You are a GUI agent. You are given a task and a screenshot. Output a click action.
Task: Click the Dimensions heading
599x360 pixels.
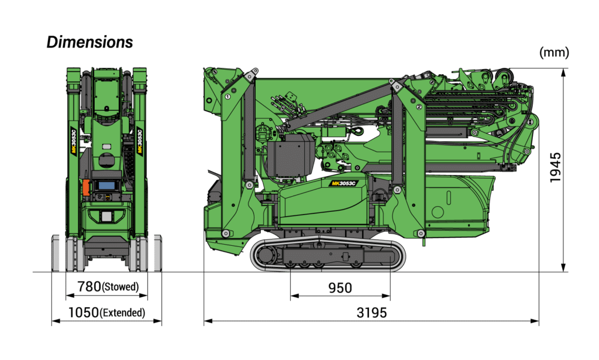[x=89, y=42]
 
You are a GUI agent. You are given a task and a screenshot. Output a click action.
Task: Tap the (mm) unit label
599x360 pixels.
[x=554, y=52]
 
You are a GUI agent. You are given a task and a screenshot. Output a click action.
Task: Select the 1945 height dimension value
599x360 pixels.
[x=556, y=167]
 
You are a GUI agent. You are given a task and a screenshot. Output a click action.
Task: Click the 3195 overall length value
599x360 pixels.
[x=371, y=313]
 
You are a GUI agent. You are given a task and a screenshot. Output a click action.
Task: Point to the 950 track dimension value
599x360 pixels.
[x=340, y=288]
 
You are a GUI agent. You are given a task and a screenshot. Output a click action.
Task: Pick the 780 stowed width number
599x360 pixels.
[x=89, y=286]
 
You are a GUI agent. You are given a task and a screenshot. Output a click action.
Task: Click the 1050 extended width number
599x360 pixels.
[x=83, y=313]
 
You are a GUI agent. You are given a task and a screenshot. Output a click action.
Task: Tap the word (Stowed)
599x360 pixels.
[x=121, y=287]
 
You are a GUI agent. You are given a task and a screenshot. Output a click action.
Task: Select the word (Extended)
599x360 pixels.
[x=122, y=313]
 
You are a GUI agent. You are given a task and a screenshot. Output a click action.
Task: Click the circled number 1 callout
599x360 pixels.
[x=228, y=97]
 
